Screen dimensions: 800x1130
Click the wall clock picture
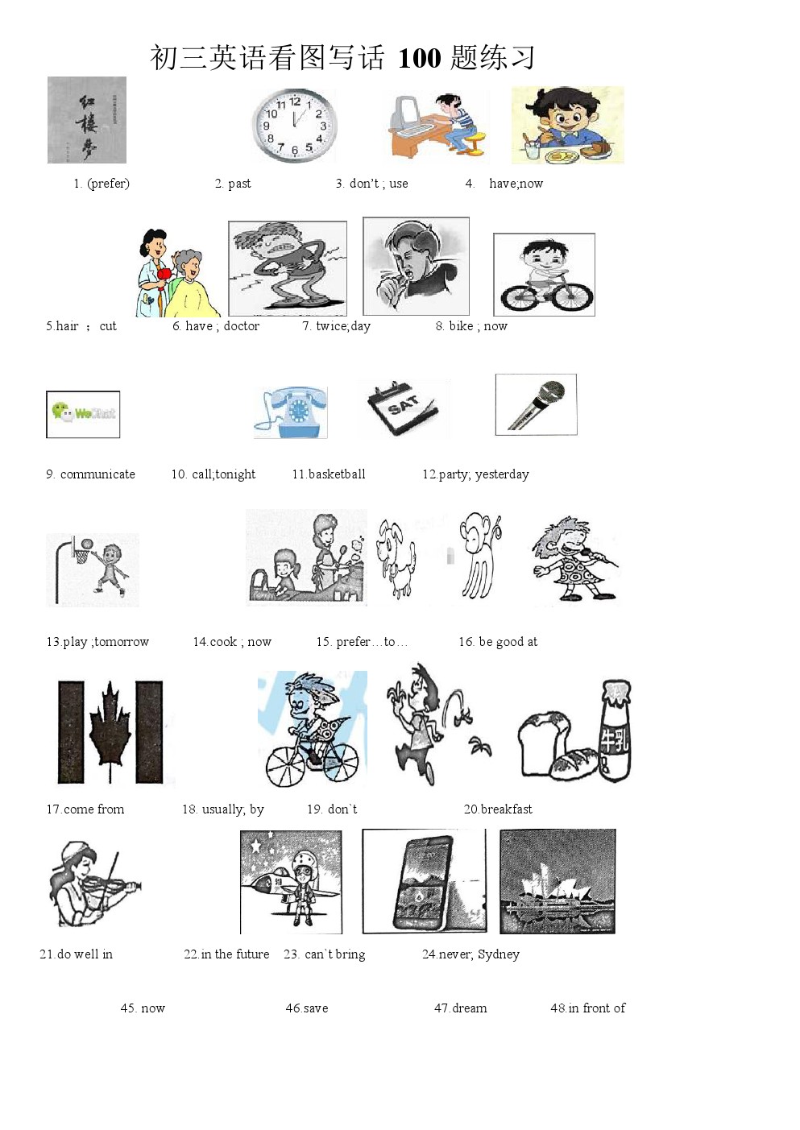(x=294, y=126)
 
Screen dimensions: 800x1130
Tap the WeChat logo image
(x=83, y=414)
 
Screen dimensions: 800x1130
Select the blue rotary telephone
(x=291, y=412)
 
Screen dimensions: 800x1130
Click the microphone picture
(x=536, y=404)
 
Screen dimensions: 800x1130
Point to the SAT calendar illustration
(x=403, y=408)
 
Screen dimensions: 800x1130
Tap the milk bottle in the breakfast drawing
(x=615, y=731)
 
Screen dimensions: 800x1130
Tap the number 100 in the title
(x=419, y=58)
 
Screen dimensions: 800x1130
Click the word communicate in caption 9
(x=97, y=474)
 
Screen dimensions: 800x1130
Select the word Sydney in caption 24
(x=498, y=954)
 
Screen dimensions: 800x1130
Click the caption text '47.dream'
(x=460, y=1008)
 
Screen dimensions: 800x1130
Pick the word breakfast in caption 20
(x=506, y=809)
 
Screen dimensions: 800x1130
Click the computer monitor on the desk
(x=404, y=115)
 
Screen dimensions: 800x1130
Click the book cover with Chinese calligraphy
(x=87, y=120)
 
